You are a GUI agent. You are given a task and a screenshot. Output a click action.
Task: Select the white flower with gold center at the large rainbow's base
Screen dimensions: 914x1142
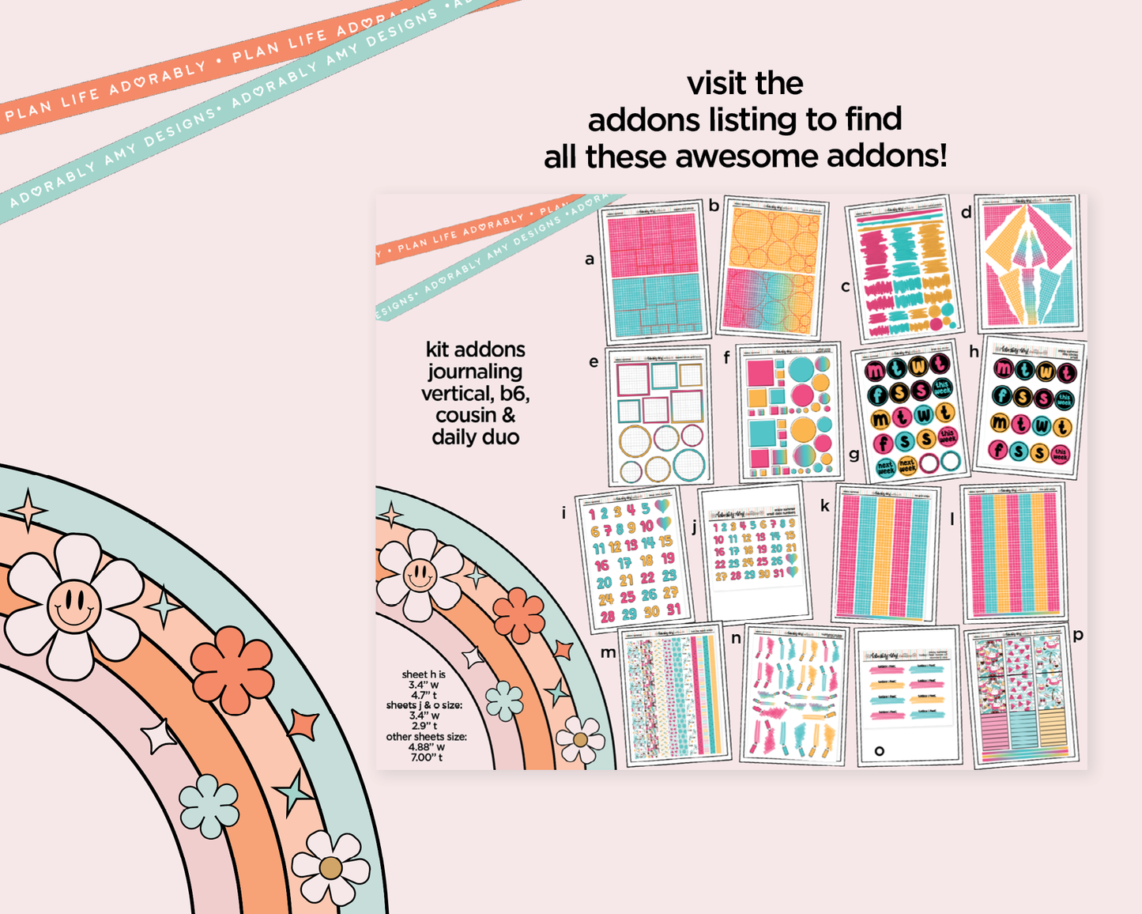[330, 867]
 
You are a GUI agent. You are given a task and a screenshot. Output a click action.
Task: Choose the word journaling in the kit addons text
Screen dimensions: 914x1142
[475, 372]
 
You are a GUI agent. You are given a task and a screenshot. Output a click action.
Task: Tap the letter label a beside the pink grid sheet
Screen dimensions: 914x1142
[590, 259]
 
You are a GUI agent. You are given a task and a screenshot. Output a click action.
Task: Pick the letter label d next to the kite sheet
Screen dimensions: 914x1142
[966, 212]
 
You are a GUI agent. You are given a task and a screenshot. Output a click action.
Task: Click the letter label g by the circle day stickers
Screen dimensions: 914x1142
[854, 455]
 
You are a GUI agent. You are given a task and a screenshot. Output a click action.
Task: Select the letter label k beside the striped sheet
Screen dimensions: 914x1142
[825, 506]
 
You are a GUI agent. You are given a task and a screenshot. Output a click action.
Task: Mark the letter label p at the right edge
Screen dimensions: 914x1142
[1078, 634]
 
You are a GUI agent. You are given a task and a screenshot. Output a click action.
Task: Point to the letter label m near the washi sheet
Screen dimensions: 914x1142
[608, 652]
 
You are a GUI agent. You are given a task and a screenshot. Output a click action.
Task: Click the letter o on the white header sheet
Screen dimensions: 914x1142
[879, 750]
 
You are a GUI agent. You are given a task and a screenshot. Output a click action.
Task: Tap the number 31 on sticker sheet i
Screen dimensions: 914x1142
[673, 610]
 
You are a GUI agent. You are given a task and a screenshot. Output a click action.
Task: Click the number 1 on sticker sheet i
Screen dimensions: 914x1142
[591, 515]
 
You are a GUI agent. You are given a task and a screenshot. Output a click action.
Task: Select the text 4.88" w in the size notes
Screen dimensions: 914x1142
[426, 746]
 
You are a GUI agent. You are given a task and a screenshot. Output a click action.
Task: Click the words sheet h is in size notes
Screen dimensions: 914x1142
[424, 674]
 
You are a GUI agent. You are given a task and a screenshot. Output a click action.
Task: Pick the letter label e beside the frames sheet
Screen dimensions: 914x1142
[594, 362]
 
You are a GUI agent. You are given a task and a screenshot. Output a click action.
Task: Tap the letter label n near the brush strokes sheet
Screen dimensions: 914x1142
[736, 638]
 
